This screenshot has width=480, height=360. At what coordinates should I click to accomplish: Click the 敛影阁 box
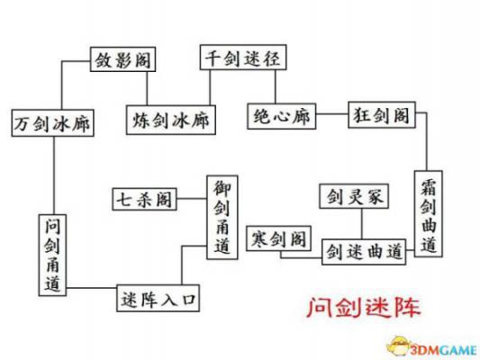[x=122, y=59]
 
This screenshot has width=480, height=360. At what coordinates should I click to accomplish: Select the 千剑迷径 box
[x=243, y=58]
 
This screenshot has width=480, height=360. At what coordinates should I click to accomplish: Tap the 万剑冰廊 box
[x=52, y=123]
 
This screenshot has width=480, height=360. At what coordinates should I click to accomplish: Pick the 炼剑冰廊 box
[x=171, y=120]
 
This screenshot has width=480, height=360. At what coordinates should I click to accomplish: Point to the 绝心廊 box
[x=281, y=116]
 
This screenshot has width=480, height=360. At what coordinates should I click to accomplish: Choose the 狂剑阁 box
[x=382, y=115]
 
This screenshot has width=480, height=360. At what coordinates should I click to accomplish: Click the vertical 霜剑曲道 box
[x=429, y=214]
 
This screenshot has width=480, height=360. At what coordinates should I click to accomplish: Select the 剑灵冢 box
[x=354, y=196]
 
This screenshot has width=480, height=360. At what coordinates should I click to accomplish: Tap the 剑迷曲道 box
[x=364, y=252]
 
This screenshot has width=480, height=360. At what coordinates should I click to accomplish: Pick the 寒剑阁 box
[x=278, y=238]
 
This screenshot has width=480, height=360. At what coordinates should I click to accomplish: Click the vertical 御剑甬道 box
[x=222, y=217]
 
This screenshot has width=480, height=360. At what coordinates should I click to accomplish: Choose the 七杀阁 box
[x=144, y=199]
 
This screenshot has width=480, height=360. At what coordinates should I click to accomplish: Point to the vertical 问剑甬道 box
[x=52, y=255]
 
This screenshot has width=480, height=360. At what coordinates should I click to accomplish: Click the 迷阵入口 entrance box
[x=158, y=298]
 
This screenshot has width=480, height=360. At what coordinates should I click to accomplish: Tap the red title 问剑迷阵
[x=364, y=307]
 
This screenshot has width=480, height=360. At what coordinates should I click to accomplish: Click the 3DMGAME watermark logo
[x=432, y=347]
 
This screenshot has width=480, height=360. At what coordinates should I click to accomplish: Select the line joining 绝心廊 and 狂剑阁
[x=332, y=114]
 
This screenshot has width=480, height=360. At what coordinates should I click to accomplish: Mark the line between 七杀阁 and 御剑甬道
[x=192, y=199]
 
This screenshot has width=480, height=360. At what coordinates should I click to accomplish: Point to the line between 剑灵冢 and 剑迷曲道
[x=362, y=224]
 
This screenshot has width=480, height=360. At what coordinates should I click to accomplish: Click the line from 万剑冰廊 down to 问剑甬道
[x=54, y=175]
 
